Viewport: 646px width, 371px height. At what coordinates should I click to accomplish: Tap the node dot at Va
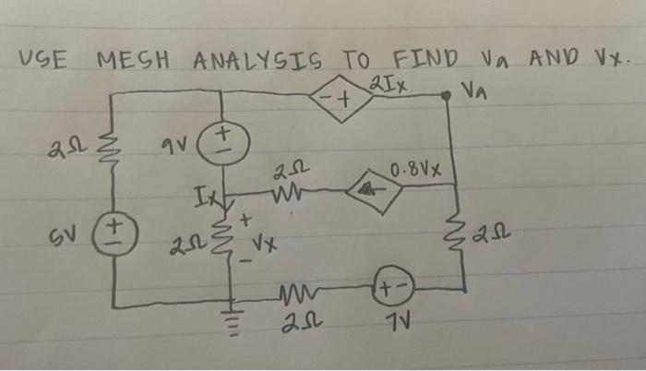click(448, 95)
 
